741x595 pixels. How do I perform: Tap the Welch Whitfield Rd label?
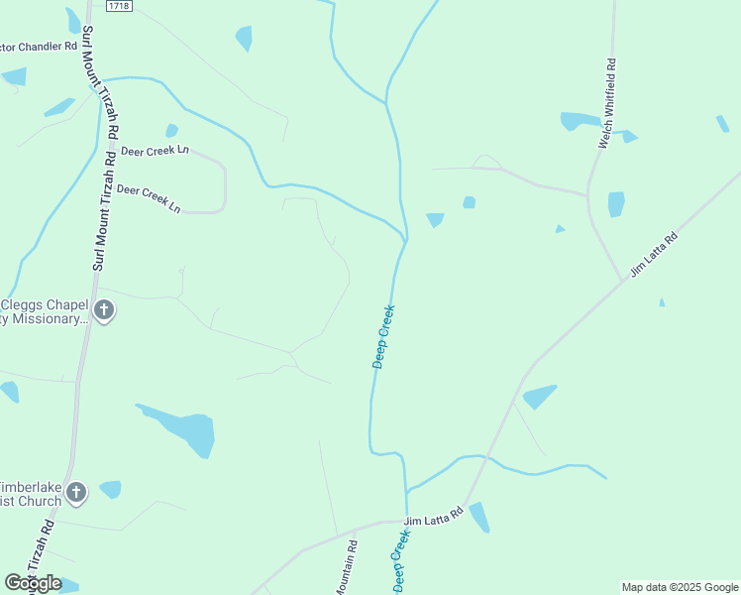[x=607, y=105]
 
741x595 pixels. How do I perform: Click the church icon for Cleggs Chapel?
[x=104, y=311]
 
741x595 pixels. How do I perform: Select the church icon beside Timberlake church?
[x=77, y=492]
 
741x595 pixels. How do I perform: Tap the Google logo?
[x=33, y=583]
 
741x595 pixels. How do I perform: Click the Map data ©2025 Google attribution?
[x=680, y=587]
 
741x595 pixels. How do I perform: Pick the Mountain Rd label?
[x=346, y=566]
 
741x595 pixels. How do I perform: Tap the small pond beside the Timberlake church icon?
[x=110, y=489]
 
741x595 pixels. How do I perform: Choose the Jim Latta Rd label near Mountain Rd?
[x=434, y=518]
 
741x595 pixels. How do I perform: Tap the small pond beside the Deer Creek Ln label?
[x=171, y=130]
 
